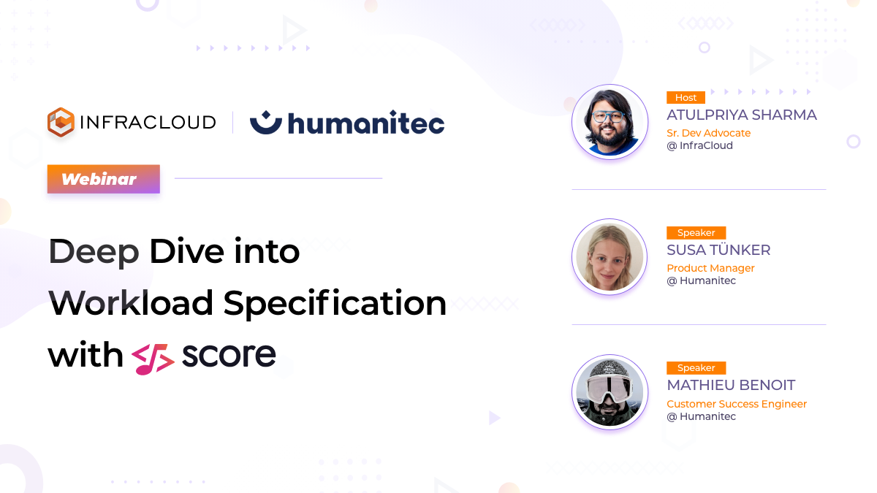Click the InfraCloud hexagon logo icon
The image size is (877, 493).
tap(61, 123)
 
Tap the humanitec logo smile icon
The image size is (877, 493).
tap(265, 122)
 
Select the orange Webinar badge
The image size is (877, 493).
tap(103, 179)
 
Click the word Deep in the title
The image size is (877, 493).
tap(94, 252)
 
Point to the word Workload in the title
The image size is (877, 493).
tap(131, 303)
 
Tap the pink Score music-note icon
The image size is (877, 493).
tap(153, 358)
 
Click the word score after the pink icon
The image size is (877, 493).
tap(229, 355)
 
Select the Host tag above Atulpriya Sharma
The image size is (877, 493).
tap(686, 97)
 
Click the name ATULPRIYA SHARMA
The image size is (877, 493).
tap(741, 115)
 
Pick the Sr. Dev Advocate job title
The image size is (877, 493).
tap(708, 133)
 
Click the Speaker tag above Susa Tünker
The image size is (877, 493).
tap(696, 233)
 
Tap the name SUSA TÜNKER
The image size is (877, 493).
tap(718, 250)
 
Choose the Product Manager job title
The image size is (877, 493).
tap(710, 268)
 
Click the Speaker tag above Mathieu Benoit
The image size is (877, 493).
tap(696, 368)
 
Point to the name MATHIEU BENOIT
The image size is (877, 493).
tap(731, 385)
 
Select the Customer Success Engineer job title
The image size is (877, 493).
tap(737, 404)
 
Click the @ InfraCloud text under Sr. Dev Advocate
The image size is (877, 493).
tap(699, 145)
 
